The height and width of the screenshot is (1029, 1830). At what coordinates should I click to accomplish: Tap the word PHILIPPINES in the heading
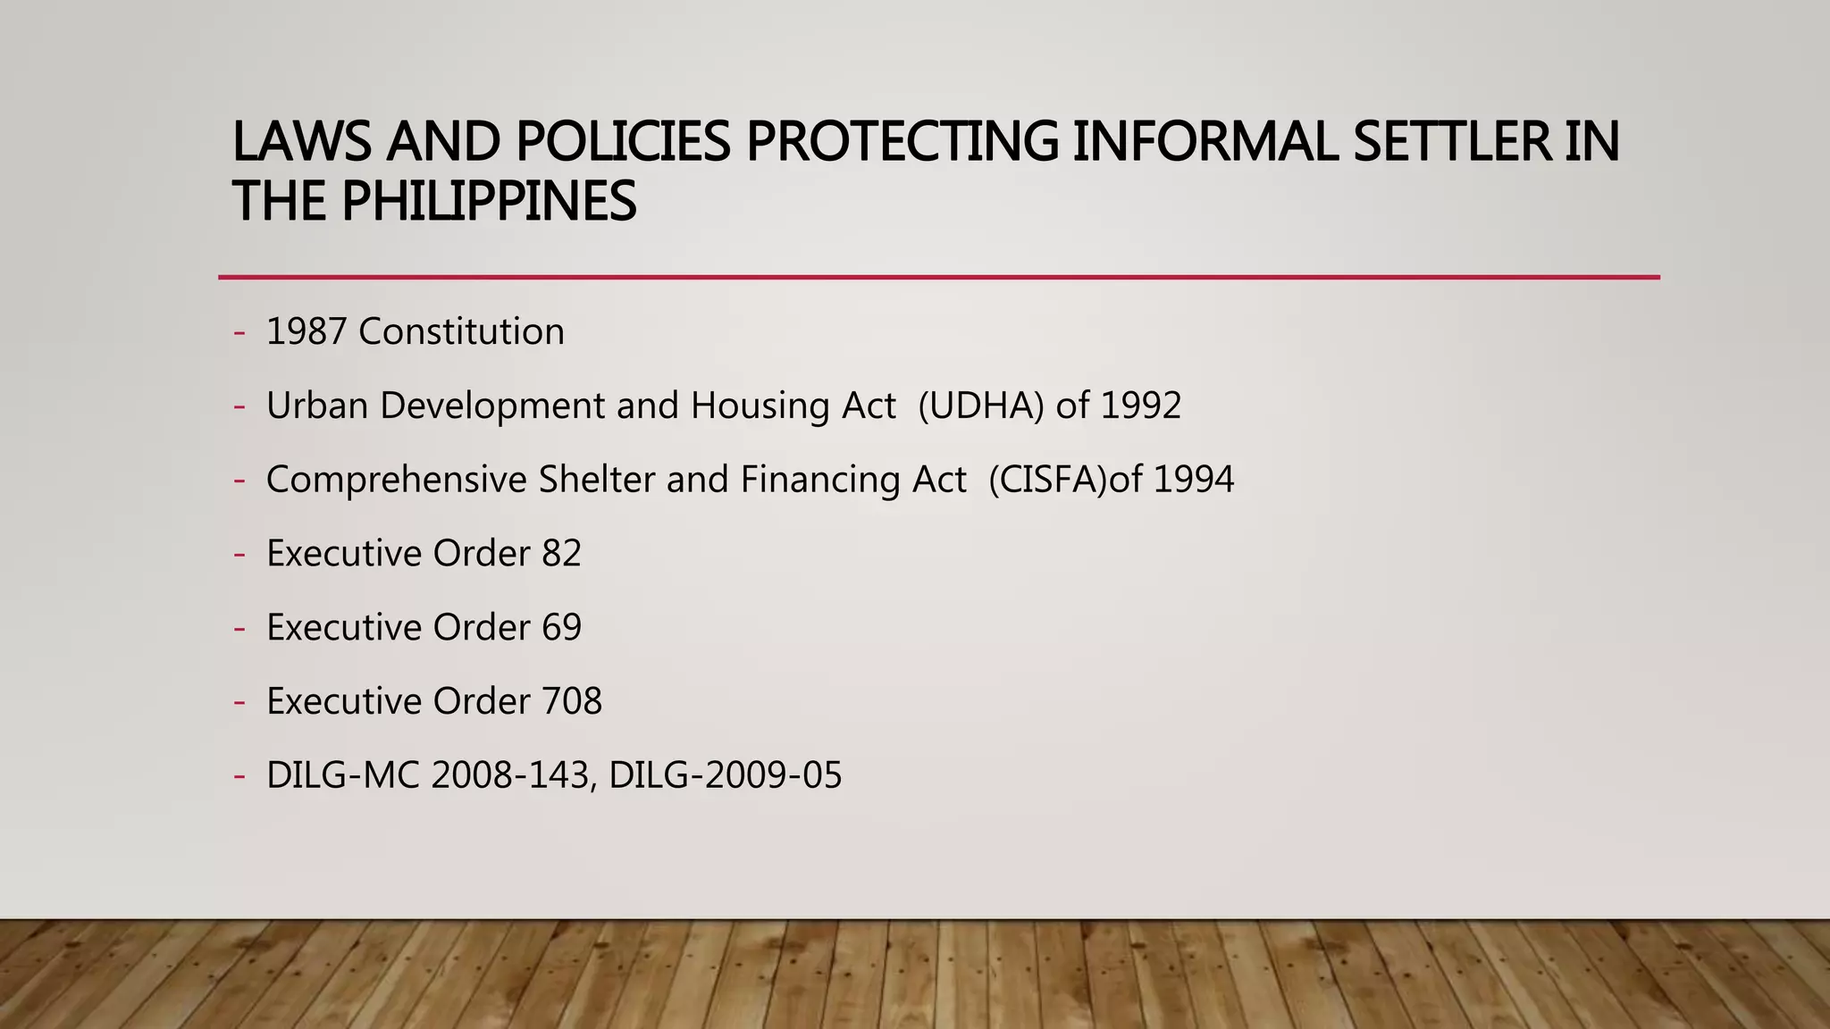click(x=489, y=201)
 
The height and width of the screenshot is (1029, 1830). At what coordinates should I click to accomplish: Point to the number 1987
click(x=306, y=332)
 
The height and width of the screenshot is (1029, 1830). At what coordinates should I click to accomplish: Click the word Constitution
click(x=461, y=332)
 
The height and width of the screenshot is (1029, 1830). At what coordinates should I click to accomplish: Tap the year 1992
click(x=1140, y=406)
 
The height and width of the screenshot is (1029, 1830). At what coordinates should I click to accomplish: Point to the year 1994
click(x=1194, y=481)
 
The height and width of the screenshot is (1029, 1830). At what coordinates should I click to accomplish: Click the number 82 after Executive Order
click(x=561, y=554)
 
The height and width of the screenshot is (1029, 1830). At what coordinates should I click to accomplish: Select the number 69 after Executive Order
click(x=561, y=628)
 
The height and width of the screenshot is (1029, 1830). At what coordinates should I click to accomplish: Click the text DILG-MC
click(x=343, y=775)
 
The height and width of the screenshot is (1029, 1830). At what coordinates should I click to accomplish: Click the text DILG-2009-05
click(x=725, y=775)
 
